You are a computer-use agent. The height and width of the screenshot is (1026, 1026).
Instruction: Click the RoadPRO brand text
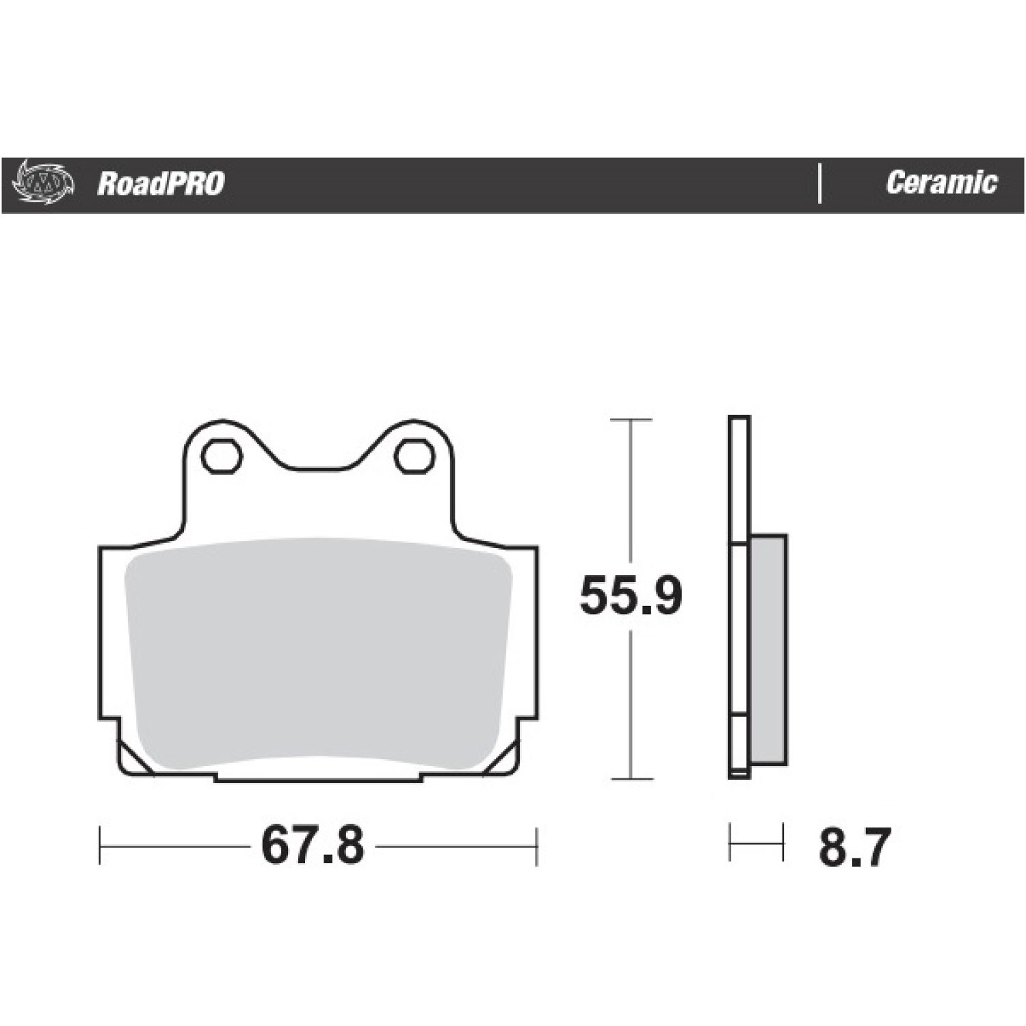(161, 183)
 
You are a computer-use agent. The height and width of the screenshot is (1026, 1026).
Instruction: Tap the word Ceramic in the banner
(941, 183)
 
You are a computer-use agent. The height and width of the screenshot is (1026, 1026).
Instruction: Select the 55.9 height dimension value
(631, 596)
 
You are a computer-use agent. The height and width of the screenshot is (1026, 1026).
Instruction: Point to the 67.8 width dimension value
(313, 846)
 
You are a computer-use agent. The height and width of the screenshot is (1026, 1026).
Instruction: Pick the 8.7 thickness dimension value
(855, 847)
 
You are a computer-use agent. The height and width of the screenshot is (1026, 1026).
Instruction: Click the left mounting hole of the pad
(222, 456)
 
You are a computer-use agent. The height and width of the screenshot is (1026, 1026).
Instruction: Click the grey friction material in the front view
(318, 653)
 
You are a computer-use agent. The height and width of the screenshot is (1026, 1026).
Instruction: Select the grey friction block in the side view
(768, 650)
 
